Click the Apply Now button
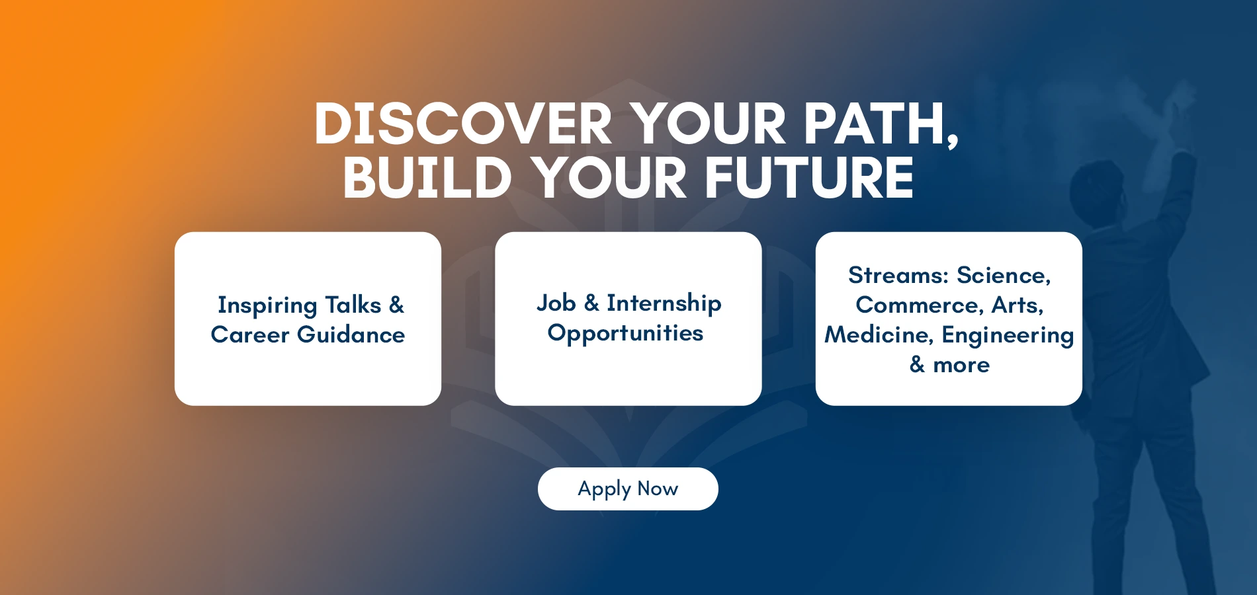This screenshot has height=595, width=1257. tap(628, 489)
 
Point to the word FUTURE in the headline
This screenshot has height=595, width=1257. tap(808, 177)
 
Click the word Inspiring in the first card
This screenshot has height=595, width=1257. tap(268, 306)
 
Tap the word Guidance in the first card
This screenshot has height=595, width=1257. tap(351, 335)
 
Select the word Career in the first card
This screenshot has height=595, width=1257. tap(250, 335)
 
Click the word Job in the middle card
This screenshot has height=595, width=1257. tap(556, 303)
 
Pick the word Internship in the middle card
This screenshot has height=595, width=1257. tap(664, 303)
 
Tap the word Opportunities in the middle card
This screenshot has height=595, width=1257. tap(625, 333)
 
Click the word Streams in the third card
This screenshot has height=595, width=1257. tap(898, 275)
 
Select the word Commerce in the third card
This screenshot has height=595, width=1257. tap(920, 305)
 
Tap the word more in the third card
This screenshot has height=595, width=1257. tap(961, 365)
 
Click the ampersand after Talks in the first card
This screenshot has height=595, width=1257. tap(396, 305)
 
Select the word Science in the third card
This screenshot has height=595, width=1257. tap(1004, 276)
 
